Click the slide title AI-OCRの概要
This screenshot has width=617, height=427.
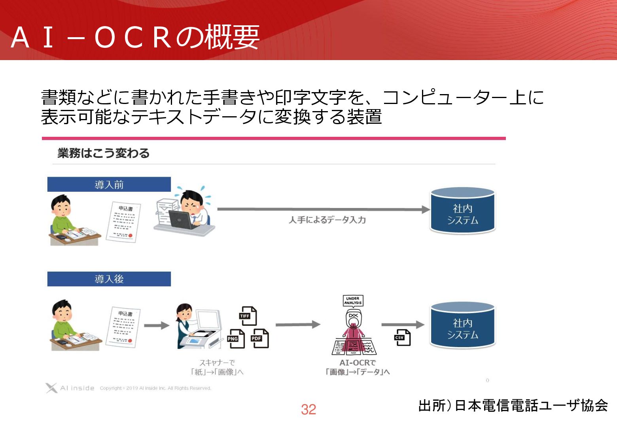tap(135, 37)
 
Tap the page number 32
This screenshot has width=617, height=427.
tap(308, 410)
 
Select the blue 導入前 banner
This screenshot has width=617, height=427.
tap(109, 185)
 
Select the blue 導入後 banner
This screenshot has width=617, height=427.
tap(109, 279)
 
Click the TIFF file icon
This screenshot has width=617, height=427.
tap(248, 316)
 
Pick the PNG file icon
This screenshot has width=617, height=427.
tap(236, 339)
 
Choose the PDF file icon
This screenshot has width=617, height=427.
tap(260, 338)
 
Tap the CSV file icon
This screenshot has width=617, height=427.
tap(402, 338)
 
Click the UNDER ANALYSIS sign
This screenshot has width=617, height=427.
tap(353, 301)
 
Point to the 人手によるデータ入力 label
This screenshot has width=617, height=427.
tap(327, 220)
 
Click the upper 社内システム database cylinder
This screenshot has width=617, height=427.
tap(462, 211)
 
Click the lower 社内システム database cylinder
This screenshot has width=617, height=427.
tap(462, 326)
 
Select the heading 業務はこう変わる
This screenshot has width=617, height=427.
tap(104, 153)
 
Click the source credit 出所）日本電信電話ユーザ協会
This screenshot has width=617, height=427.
tap(513, 406)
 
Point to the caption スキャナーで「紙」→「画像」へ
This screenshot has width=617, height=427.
tap(217, 367)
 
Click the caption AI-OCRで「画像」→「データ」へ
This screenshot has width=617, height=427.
tap(358, 367)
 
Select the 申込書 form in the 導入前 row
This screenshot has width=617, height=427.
tap(124, 222)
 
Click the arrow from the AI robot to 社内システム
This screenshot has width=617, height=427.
tap(402, 325)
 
